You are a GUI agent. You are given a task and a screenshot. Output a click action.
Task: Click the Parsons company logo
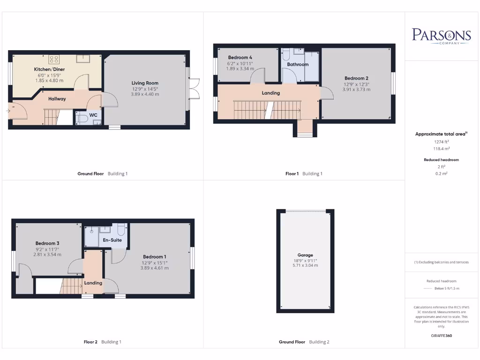point(441,36)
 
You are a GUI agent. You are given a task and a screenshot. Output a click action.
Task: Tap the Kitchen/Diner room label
point(49,69)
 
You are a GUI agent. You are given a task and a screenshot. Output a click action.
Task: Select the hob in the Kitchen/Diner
point(54,59)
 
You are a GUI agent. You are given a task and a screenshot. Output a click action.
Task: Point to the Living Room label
point(145,83)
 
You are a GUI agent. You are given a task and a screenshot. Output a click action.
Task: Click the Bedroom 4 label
point(240,58)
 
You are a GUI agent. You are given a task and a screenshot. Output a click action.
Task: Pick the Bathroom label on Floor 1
point(298,65)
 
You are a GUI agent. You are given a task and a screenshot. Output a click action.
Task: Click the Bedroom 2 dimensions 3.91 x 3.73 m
point(356,90)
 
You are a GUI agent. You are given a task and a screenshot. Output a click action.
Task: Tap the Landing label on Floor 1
point(270,93)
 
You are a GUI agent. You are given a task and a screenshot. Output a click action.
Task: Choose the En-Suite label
point(112,240)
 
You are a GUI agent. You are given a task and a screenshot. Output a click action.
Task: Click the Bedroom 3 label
point(47,243)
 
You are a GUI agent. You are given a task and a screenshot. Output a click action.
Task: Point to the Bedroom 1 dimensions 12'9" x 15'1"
point(154,262)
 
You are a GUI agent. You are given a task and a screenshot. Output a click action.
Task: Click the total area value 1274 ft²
point(441,142)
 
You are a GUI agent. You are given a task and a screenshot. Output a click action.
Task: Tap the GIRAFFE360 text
point(441,336)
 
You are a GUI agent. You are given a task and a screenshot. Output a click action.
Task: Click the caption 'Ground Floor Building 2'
point(304,342)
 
